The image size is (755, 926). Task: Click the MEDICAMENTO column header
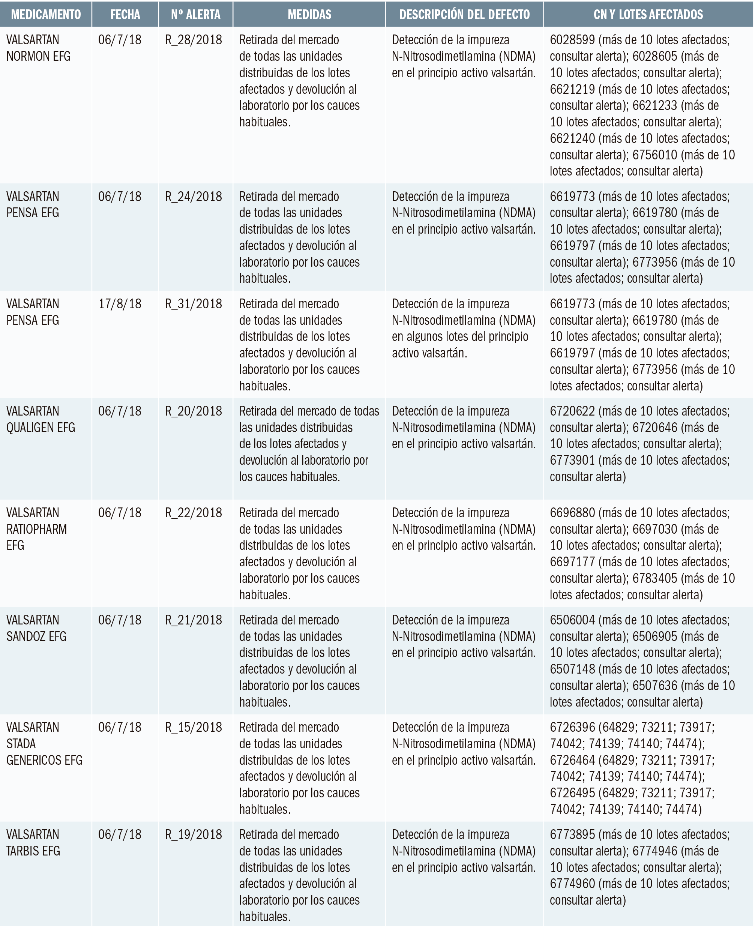[46, 14]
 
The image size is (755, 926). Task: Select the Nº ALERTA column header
[195, 14]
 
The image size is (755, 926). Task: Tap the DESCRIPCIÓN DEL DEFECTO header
[464, 14]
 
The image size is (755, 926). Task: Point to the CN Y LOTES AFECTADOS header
[648, 14]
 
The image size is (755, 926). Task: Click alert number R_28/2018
[194, 40]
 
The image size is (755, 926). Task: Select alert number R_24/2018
[194, 197]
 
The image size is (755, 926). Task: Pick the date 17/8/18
[120, 303]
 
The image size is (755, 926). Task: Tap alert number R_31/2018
[194, 303]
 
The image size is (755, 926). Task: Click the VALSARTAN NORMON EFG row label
[38, 48]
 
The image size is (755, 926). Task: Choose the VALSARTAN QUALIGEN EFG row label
[41, 419]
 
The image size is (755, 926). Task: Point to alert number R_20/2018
[194, 411]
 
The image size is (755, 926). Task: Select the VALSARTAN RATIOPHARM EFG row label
[36, 529]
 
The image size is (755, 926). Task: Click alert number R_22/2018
[194, 513]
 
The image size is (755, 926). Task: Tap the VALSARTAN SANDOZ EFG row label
[36, 628]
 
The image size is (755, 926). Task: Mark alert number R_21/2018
[194, 620]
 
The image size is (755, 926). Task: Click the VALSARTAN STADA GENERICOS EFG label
[44, 744]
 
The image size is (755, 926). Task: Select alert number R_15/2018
[194, 727]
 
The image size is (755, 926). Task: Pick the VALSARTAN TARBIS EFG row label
[33, 842]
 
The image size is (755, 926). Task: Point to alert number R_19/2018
[194, 834]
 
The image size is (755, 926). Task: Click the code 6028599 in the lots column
[572, 40]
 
